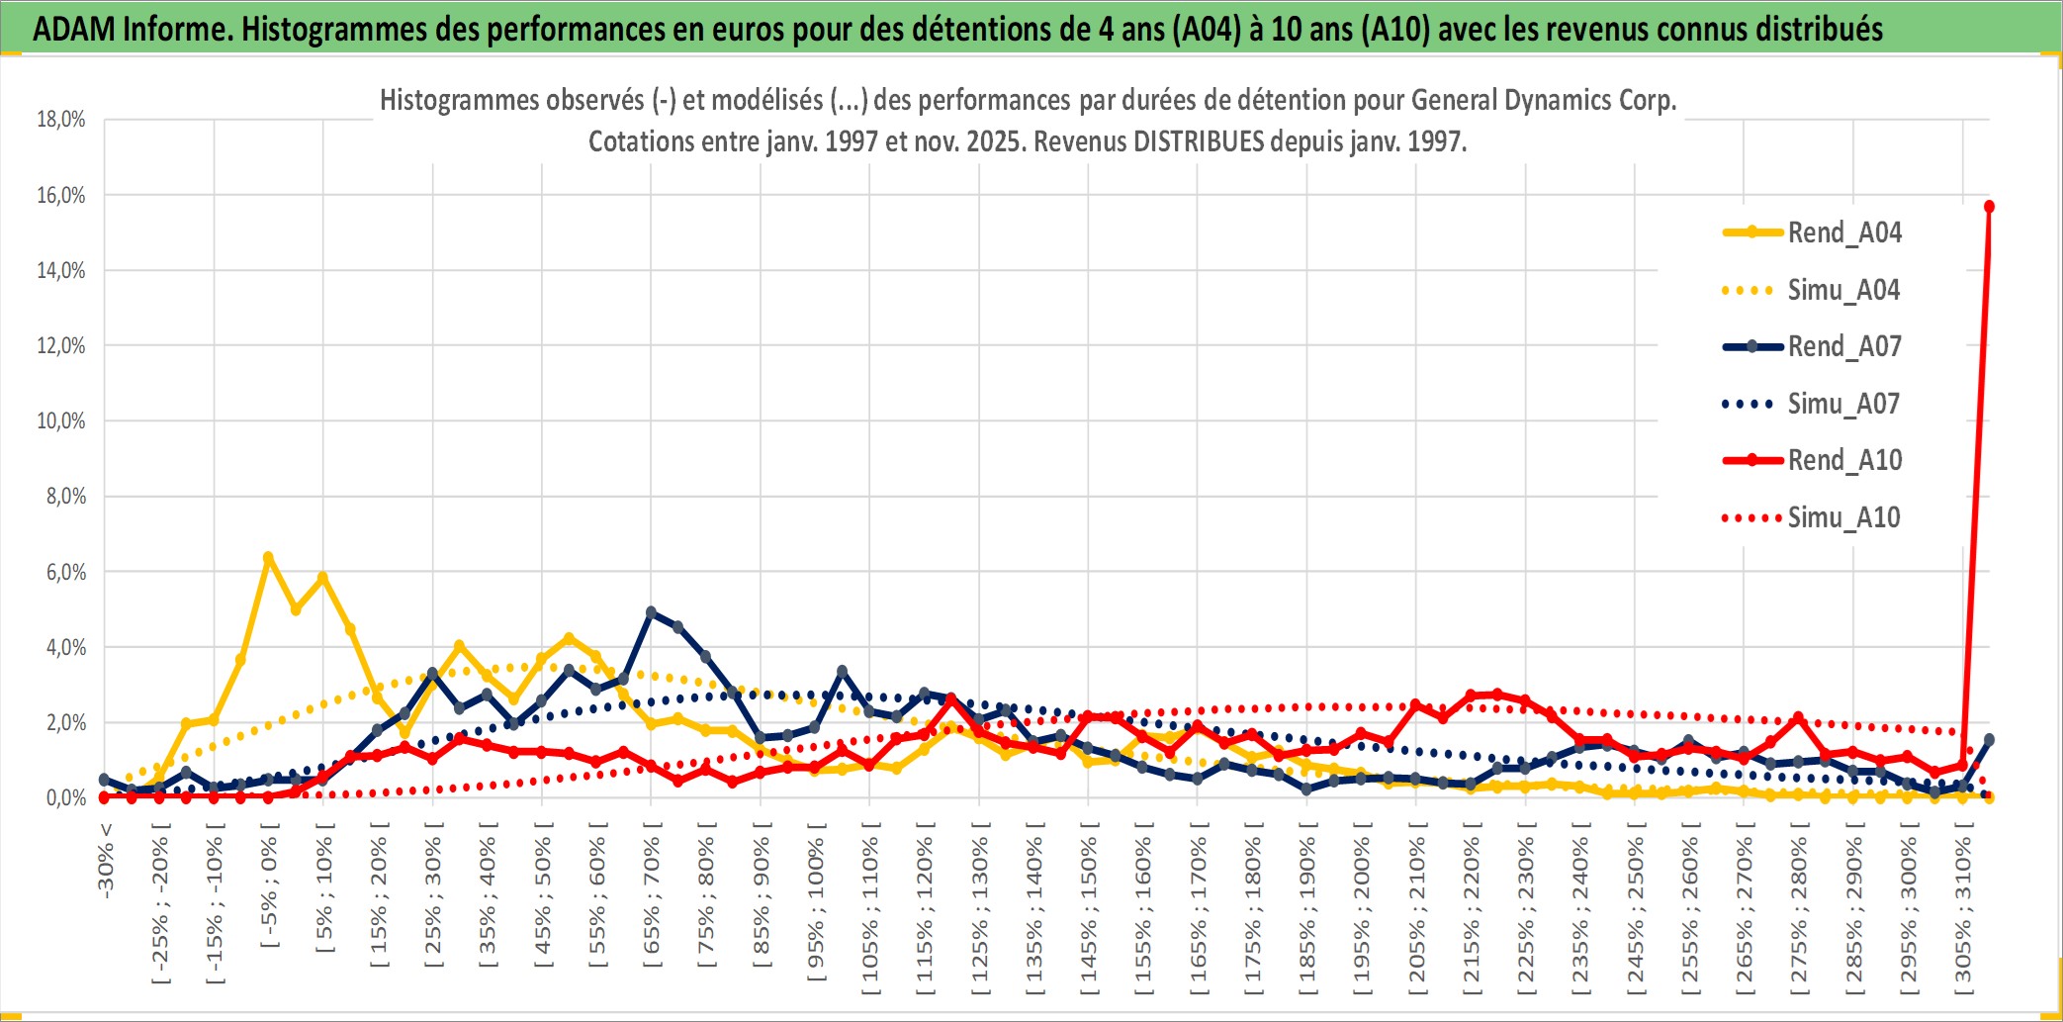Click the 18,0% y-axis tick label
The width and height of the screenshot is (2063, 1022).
(61, 120)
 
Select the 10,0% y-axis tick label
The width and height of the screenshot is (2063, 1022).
(61, 421)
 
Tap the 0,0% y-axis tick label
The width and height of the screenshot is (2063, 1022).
(65, 797)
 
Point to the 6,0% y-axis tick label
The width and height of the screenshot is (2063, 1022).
(65, 572)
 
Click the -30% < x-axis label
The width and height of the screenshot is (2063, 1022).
(105, 861)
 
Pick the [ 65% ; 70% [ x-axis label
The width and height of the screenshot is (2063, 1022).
(652, 895)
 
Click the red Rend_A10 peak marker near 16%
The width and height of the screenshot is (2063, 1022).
(1989, 207)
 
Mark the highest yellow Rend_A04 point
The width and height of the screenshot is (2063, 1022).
(268, 557)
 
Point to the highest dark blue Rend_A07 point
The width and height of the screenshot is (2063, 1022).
(651, 612)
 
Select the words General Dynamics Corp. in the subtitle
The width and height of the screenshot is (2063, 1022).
(1543, 100)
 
